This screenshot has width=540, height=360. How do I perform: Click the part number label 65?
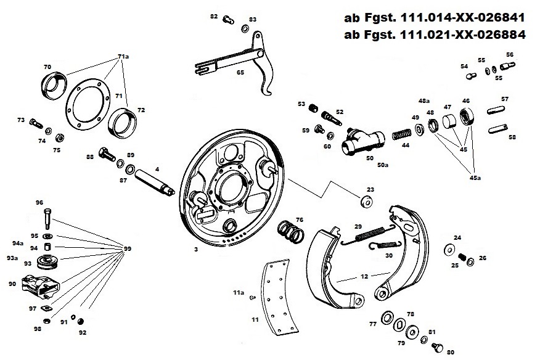(x=240, y=73)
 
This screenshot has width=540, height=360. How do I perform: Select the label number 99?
(x=128, y=248)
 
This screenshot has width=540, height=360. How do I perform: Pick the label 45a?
(x=475, y=178)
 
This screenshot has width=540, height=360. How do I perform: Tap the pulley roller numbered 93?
(x=47, y=262)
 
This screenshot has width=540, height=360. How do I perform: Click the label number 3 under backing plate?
(x=195, y=250)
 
